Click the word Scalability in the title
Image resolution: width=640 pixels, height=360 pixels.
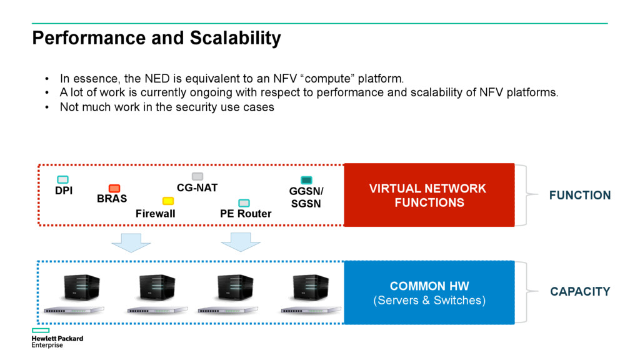pos(235,38)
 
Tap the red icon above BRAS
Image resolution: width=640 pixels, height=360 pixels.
pos(114,188)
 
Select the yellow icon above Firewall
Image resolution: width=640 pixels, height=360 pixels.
pos(168,201)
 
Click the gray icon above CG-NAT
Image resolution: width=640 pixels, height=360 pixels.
pos(197,176)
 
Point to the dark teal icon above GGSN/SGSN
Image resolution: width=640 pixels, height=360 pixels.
pos(306,180)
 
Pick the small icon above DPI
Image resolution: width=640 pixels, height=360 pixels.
pos(63,179)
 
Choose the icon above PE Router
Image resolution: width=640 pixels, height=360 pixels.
pos(244,203)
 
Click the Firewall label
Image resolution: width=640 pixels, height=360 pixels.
pos(156,214)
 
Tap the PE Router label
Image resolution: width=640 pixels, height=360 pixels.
pos(246,214)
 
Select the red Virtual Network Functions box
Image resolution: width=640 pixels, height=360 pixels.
pos(429,195)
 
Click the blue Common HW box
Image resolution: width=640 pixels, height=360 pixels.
pos(429,292)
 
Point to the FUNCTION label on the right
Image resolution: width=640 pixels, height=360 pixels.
pos(580,196)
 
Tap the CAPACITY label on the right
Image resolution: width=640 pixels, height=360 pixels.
pos(580,291)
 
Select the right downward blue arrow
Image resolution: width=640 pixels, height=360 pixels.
pos(241,242)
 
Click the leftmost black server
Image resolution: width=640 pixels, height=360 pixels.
pos(82,287)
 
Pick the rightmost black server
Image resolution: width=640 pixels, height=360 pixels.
pos(311,287)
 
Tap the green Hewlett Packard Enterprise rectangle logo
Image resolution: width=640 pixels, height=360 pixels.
pos(41,330)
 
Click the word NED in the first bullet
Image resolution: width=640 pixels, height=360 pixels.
pos(157,78)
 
